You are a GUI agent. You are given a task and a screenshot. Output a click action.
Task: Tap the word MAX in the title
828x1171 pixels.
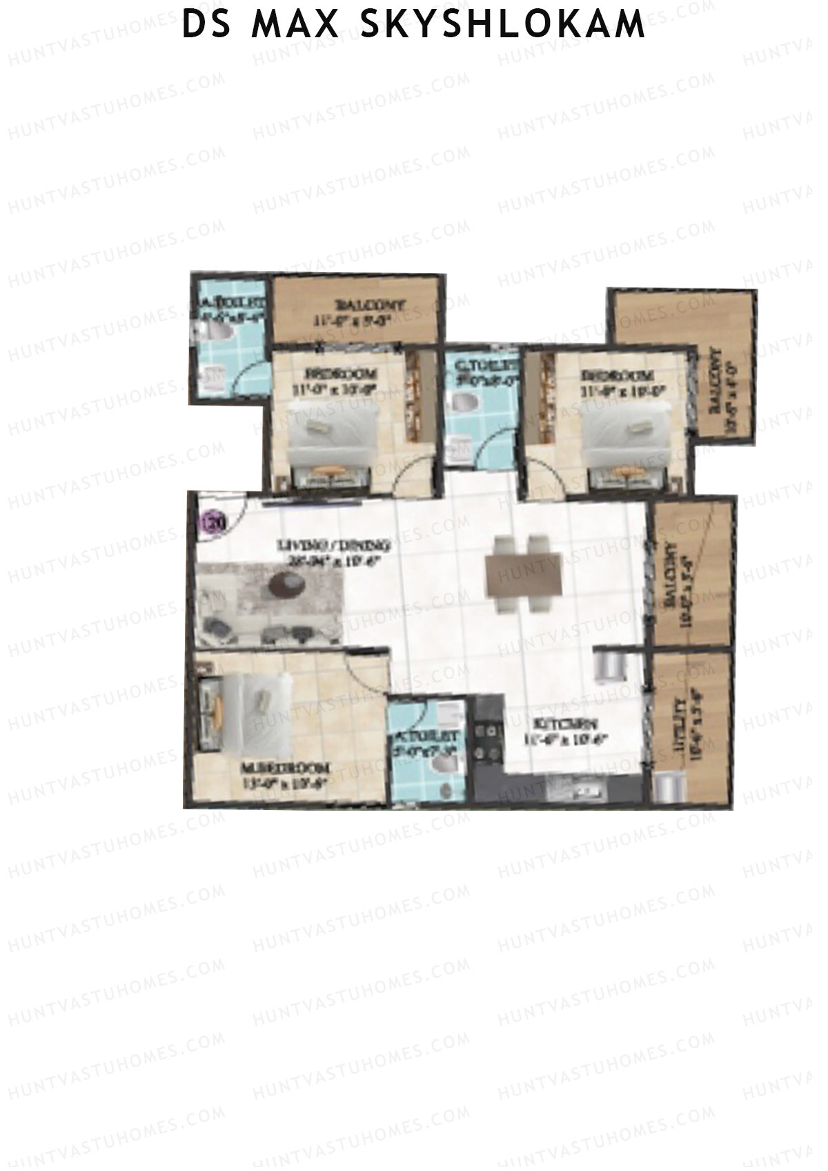(296, 26)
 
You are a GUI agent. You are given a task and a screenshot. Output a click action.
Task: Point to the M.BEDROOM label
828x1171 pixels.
(284, 768)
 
